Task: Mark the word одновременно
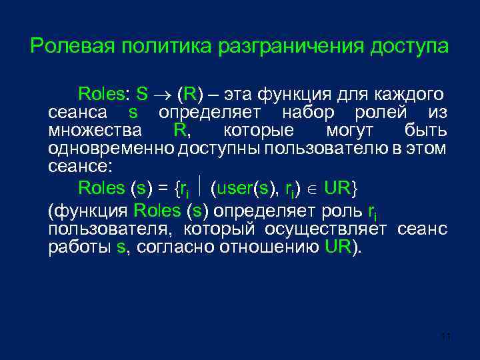click(110, 148)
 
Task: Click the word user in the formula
click(233, 189)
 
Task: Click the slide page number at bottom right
click(446, 337)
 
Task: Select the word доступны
click(219, 148)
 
